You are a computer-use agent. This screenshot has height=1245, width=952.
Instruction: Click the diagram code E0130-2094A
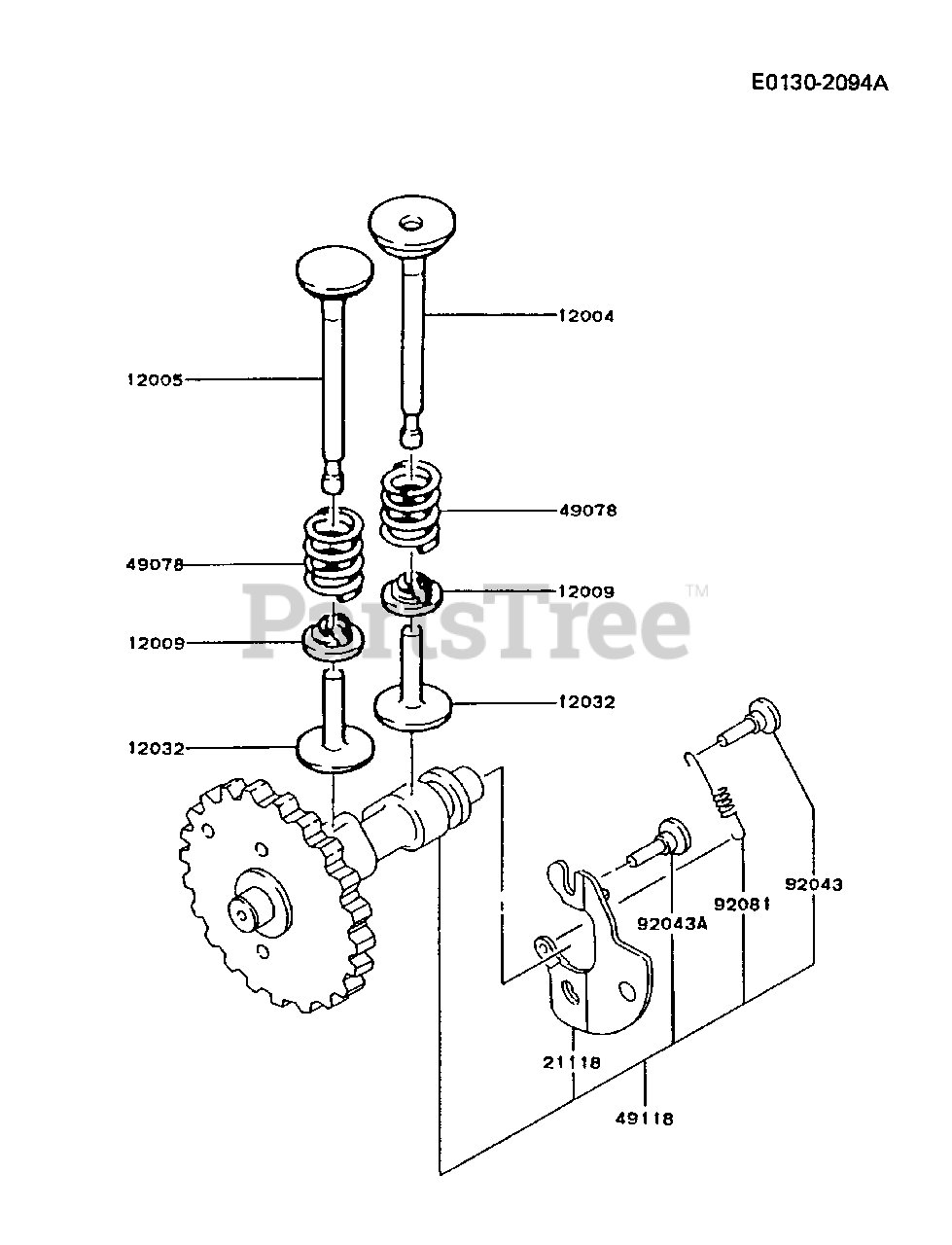[819, 83]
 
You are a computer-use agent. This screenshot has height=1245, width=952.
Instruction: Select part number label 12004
[586, 315]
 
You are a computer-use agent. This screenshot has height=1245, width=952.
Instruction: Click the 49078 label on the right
[588, 510]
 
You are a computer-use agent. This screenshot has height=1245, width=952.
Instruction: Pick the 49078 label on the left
[155, 564]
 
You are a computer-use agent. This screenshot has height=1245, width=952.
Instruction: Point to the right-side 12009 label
[586, 591]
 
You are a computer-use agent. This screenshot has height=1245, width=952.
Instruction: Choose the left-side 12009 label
[155, 643]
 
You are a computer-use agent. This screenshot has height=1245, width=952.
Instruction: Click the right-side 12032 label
[587, 701]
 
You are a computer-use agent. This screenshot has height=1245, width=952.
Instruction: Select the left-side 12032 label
[155, 748]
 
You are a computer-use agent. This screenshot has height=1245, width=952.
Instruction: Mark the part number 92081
[742, 904]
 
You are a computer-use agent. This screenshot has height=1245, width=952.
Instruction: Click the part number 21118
[574, 1062]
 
